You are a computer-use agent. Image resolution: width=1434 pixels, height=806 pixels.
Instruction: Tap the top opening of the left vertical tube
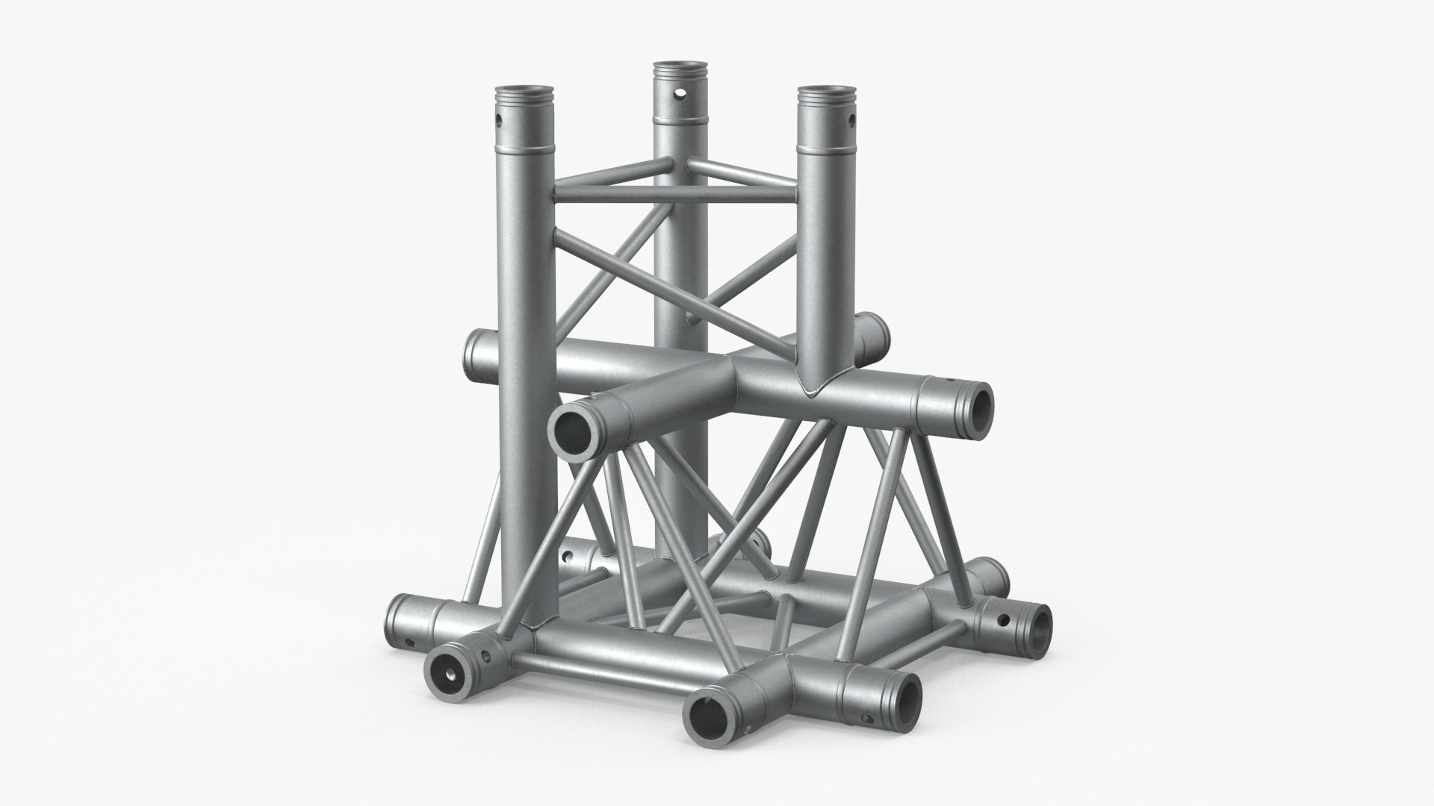[525, 95]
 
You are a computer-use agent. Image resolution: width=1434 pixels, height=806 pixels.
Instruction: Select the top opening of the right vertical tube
[828, 94]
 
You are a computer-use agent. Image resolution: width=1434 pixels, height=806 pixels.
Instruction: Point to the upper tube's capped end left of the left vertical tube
[475, 349]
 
